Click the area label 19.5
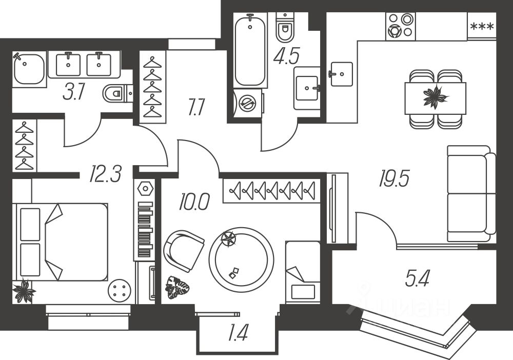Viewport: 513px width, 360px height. click(x=394, y=179)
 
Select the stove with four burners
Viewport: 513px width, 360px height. click(x=400, y=25)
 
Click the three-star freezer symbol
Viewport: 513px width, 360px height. click(x=481, y=26)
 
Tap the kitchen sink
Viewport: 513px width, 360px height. click(x=341, y=74)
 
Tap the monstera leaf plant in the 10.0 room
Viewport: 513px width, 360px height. click(x=176, y=288)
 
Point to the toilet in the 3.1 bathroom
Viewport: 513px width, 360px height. click(x=116, y=93)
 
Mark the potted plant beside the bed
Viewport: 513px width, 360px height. click(x=24, y=291)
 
